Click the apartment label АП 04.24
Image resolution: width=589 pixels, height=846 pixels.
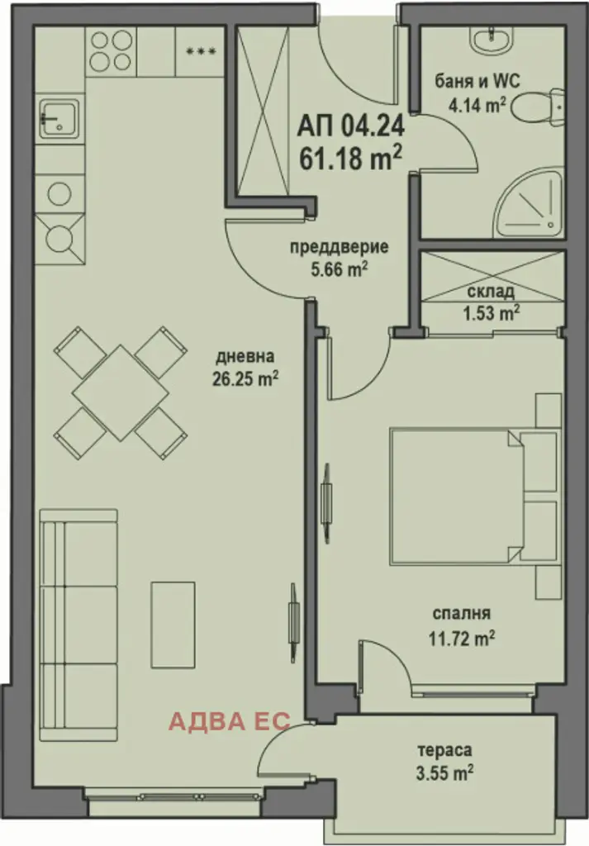pos(350,126)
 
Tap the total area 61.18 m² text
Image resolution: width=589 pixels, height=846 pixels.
pos(350,158)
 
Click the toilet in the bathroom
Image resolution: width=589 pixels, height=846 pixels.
pos(537,107)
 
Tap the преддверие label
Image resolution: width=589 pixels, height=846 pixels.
pos(340,248)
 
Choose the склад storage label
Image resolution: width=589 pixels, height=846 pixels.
pos(491,292)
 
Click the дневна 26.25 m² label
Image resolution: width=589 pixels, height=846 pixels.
pos(245,368)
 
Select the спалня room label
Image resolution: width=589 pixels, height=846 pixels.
pos(462,614)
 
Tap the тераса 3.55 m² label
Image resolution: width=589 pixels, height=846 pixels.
pos(445,762)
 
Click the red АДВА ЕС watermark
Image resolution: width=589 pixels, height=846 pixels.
pos(230,720)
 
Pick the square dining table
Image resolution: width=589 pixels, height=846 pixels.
pos(121,393)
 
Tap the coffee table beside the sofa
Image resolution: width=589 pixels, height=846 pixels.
pos(173,625)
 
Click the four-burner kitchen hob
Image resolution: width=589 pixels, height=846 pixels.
pos(111,51)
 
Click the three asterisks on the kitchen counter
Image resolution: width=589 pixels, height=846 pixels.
pos(202,52)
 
